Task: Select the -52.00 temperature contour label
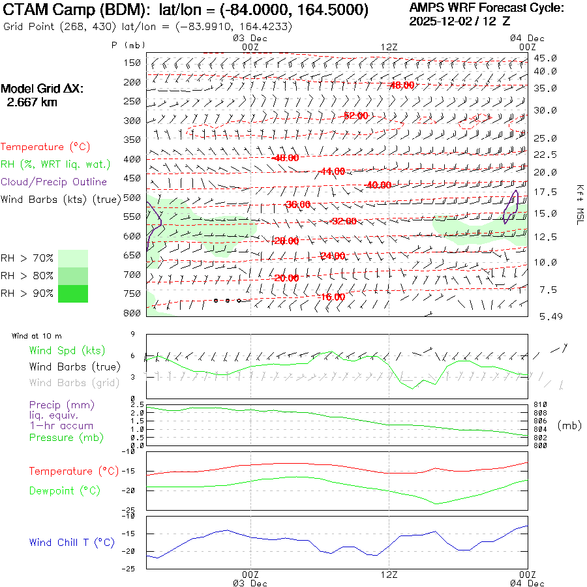355,115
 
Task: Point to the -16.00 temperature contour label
332,297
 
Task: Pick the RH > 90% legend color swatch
73,293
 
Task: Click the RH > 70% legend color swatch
73,258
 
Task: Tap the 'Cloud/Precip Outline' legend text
54,181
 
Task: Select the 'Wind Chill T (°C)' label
72,543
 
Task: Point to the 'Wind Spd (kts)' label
67,351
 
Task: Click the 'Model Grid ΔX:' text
42,89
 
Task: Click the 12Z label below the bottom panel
389,575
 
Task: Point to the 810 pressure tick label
541,405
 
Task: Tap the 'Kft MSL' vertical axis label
579,204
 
